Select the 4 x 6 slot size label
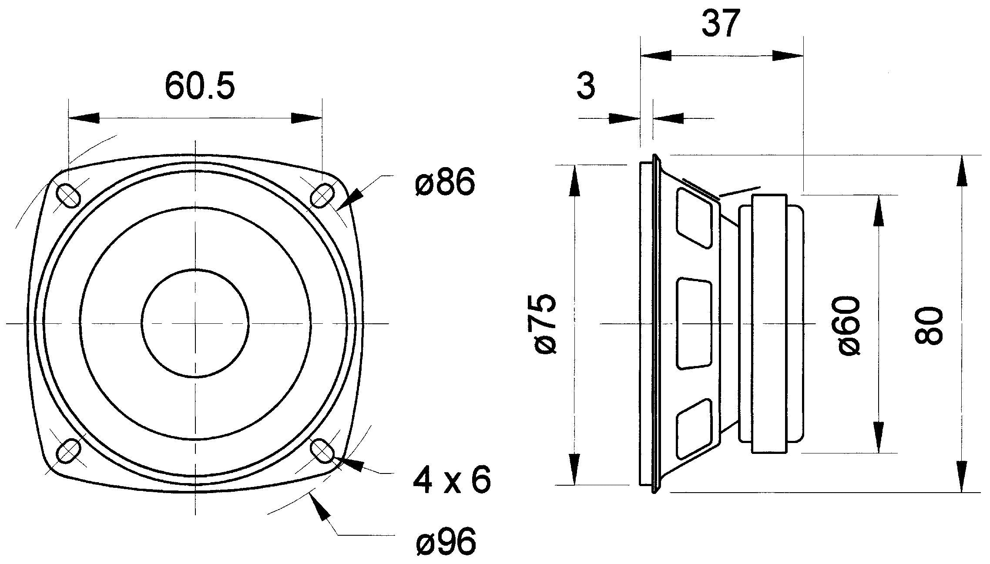pos(451,480)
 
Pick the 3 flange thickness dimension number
pos(586,86)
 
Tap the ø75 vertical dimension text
pos(544,324)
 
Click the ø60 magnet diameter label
pos(849,326)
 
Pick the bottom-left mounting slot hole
pos(69,450)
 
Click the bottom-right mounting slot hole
pos(322,450)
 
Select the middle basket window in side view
pos(694,324)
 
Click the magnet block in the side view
pos(769,323)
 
